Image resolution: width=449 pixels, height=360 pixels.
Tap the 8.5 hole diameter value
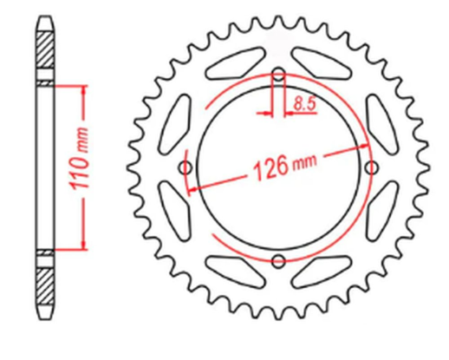[x=304, y=104]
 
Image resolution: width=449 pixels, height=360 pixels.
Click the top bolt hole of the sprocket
[x=278, y=74]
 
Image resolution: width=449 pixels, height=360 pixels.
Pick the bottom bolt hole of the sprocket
[x=278, y=259]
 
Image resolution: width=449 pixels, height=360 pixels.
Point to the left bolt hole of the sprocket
[x=185, y=167]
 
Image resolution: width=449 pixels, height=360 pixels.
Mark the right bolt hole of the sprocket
[x=372, y=167]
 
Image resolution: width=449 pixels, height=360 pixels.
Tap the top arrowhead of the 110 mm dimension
[x=84, y=89]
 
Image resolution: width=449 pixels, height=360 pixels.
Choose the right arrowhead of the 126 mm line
[x=365, y=145]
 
